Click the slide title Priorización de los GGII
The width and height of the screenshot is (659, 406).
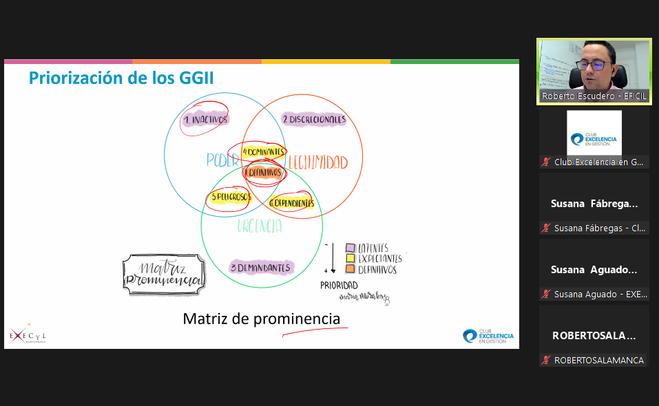click(x=121, y=78)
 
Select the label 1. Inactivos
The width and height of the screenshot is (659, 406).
click(x=205, y=120)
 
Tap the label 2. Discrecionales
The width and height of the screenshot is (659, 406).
click(x=313, y=119)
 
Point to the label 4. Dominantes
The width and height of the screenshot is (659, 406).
click(x=264, y=151)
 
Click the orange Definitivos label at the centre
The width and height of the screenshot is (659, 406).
click(x=264, y=173)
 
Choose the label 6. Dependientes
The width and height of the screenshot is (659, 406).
click(x=292, y=203)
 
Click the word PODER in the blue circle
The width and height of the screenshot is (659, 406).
click(x=222, y=160)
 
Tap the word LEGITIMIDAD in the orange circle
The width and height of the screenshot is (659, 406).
click(x=317, y=162)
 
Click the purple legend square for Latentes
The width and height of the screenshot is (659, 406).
click(x=351, y=248)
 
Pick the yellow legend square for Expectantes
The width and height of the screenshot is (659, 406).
click(x=351, y=259)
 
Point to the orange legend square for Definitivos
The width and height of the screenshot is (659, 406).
click(x=351, y=270)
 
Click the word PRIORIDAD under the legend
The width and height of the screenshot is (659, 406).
click(x=339, y=285)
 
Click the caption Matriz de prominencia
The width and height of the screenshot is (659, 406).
click(x=261, y=319)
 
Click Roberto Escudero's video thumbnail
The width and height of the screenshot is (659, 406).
click(x=594, y=72)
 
